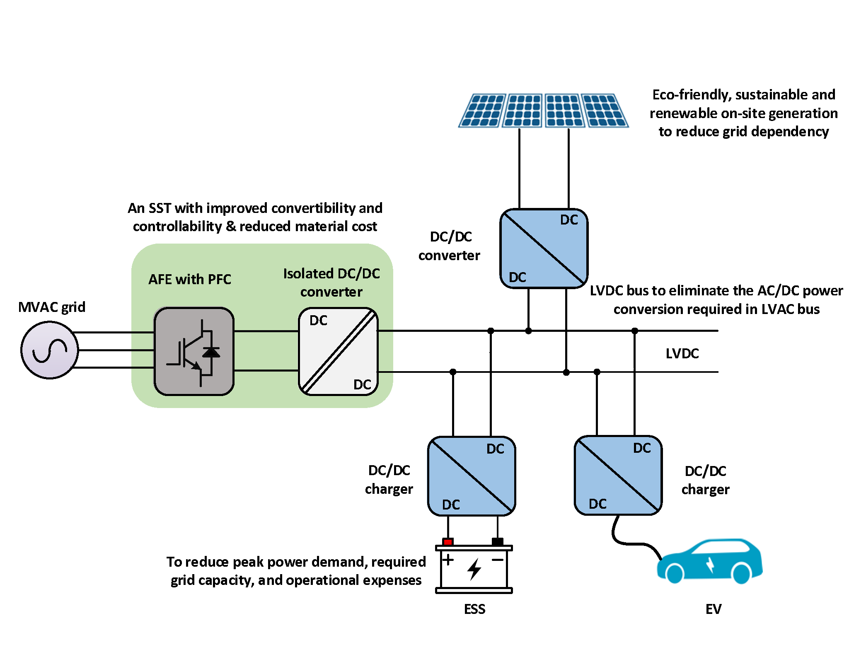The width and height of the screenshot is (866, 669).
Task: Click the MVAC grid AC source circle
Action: tap(50, 350)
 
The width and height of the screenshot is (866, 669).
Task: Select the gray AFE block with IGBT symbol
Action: tap(194, 351)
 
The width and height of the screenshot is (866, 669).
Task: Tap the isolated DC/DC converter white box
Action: tap(338, 351)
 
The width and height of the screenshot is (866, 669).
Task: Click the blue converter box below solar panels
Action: tap(544, 249)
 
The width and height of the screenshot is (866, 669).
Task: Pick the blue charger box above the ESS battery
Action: tap(472, 476)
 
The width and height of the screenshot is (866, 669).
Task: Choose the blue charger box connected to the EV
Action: tap(618, 476)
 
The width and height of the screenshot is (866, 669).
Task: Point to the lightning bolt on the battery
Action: tap(474, 568)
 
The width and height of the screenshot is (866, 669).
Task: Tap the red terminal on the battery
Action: tap(448, 541)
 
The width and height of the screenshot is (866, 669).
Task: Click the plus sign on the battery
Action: tap(448, 560)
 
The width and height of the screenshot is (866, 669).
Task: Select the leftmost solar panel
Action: tap(483, 111)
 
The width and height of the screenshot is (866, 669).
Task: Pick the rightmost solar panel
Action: tap(605, 111)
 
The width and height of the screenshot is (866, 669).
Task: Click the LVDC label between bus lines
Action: tap(682, 353)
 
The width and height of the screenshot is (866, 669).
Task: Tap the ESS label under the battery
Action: tap(474, 609)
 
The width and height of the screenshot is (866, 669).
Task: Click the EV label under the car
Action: tap(713, 609)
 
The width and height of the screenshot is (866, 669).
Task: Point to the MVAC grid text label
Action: tap(52, 307)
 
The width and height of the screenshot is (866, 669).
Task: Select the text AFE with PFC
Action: tap(190, 279)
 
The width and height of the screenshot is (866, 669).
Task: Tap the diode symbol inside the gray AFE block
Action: tap(211, 352)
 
